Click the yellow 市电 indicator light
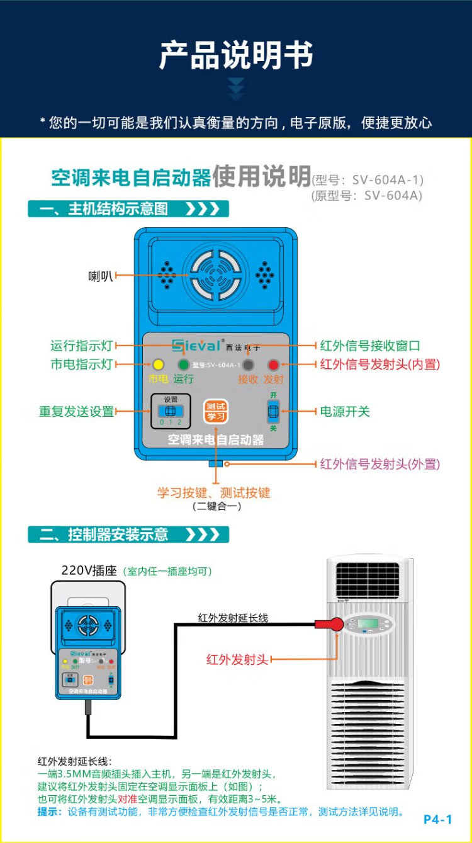coord(157,365)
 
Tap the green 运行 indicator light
coord(184,365)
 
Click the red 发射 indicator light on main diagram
coord(273,365)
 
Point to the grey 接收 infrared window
coord(249,365)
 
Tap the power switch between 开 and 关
coord(273,411)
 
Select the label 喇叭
coord(101,275)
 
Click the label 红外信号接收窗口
coord(370,346)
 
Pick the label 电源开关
coord(346,412)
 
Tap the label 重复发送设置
coord(76,412)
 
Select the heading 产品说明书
coord(235,55)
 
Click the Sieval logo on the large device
coord(196,345)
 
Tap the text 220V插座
coord(89,570)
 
